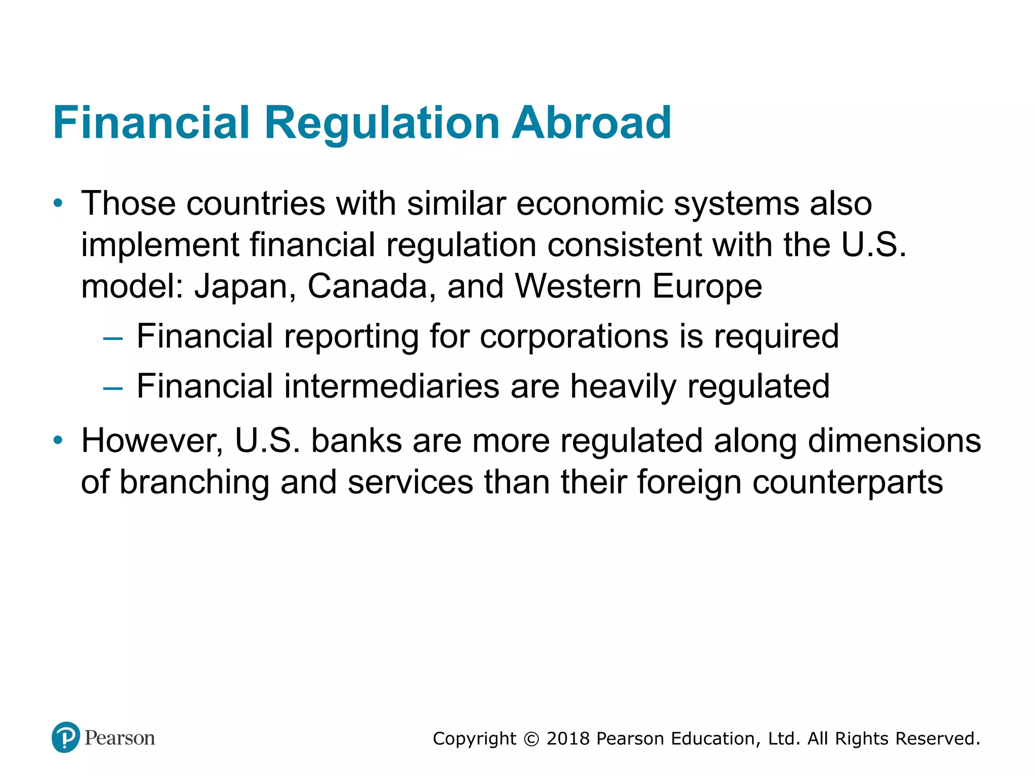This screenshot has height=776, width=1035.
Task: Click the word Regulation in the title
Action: pos(382,124)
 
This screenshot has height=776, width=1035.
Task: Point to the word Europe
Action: pos(707,287)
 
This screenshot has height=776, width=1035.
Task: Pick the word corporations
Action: pos(574,336)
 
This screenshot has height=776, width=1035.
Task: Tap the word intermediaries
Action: pos(392,386)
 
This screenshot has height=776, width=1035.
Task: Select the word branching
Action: pos(194,483)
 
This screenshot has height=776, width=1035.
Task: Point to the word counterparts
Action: pos(848,482)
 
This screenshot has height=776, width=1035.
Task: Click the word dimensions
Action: pos(895,441)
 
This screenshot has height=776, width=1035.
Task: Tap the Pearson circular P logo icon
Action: pos(66,737)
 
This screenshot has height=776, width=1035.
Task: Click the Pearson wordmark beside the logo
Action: pos(120,738)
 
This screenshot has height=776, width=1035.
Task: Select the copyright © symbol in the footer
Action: pos(531,739)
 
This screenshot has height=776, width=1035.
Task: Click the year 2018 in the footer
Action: pos(568,739)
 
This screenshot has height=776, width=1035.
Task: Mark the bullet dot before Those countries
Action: pos(59,204)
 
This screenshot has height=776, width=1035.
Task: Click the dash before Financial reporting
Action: pos(113,337)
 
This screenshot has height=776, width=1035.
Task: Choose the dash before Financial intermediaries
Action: pos(113,388)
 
